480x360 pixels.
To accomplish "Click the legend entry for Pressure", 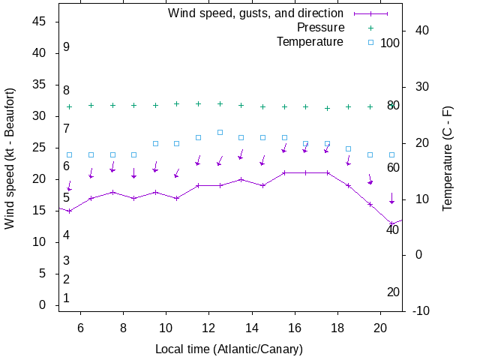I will click(x=319, y=28).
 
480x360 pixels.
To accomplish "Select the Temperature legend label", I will click(x=310, y=41).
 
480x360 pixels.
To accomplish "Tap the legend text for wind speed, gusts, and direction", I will click(x=256, y=13).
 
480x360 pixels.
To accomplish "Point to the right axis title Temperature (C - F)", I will click(x=448, y=157).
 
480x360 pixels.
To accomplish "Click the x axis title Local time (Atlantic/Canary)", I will click(x=229, y=349).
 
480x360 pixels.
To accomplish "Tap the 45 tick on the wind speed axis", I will click(x=40, y=22).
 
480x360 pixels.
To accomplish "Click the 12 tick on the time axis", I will click(x=208, y=327).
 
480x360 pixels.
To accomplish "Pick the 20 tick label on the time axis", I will click(x=380, y=327).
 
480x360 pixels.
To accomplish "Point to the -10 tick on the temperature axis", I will click(x=421, y=311).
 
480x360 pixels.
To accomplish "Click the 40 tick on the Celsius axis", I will click(x=421, y=31).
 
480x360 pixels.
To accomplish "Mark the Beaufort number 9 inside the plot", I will click(x=66, y=47).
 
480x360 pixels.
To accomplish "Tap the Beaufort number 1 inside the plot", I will click(x=66, y=298).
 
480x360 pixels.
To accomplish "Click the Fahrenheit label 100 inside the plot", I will click(x=390, y=43).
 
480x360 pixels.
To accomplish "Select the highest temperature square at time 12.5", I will click(x=220, y=132).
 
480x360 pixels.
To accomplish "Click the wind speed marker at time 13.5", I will click(x=241, y=179).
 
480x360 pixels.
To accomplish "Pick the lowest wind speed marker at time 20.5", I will click(x=391, y=223).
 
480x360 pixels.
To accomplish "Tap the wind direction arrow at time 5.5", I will click(x=69, y=186).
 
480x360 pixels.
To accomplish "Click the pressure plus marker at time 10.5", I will click(x=177, y=104).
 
